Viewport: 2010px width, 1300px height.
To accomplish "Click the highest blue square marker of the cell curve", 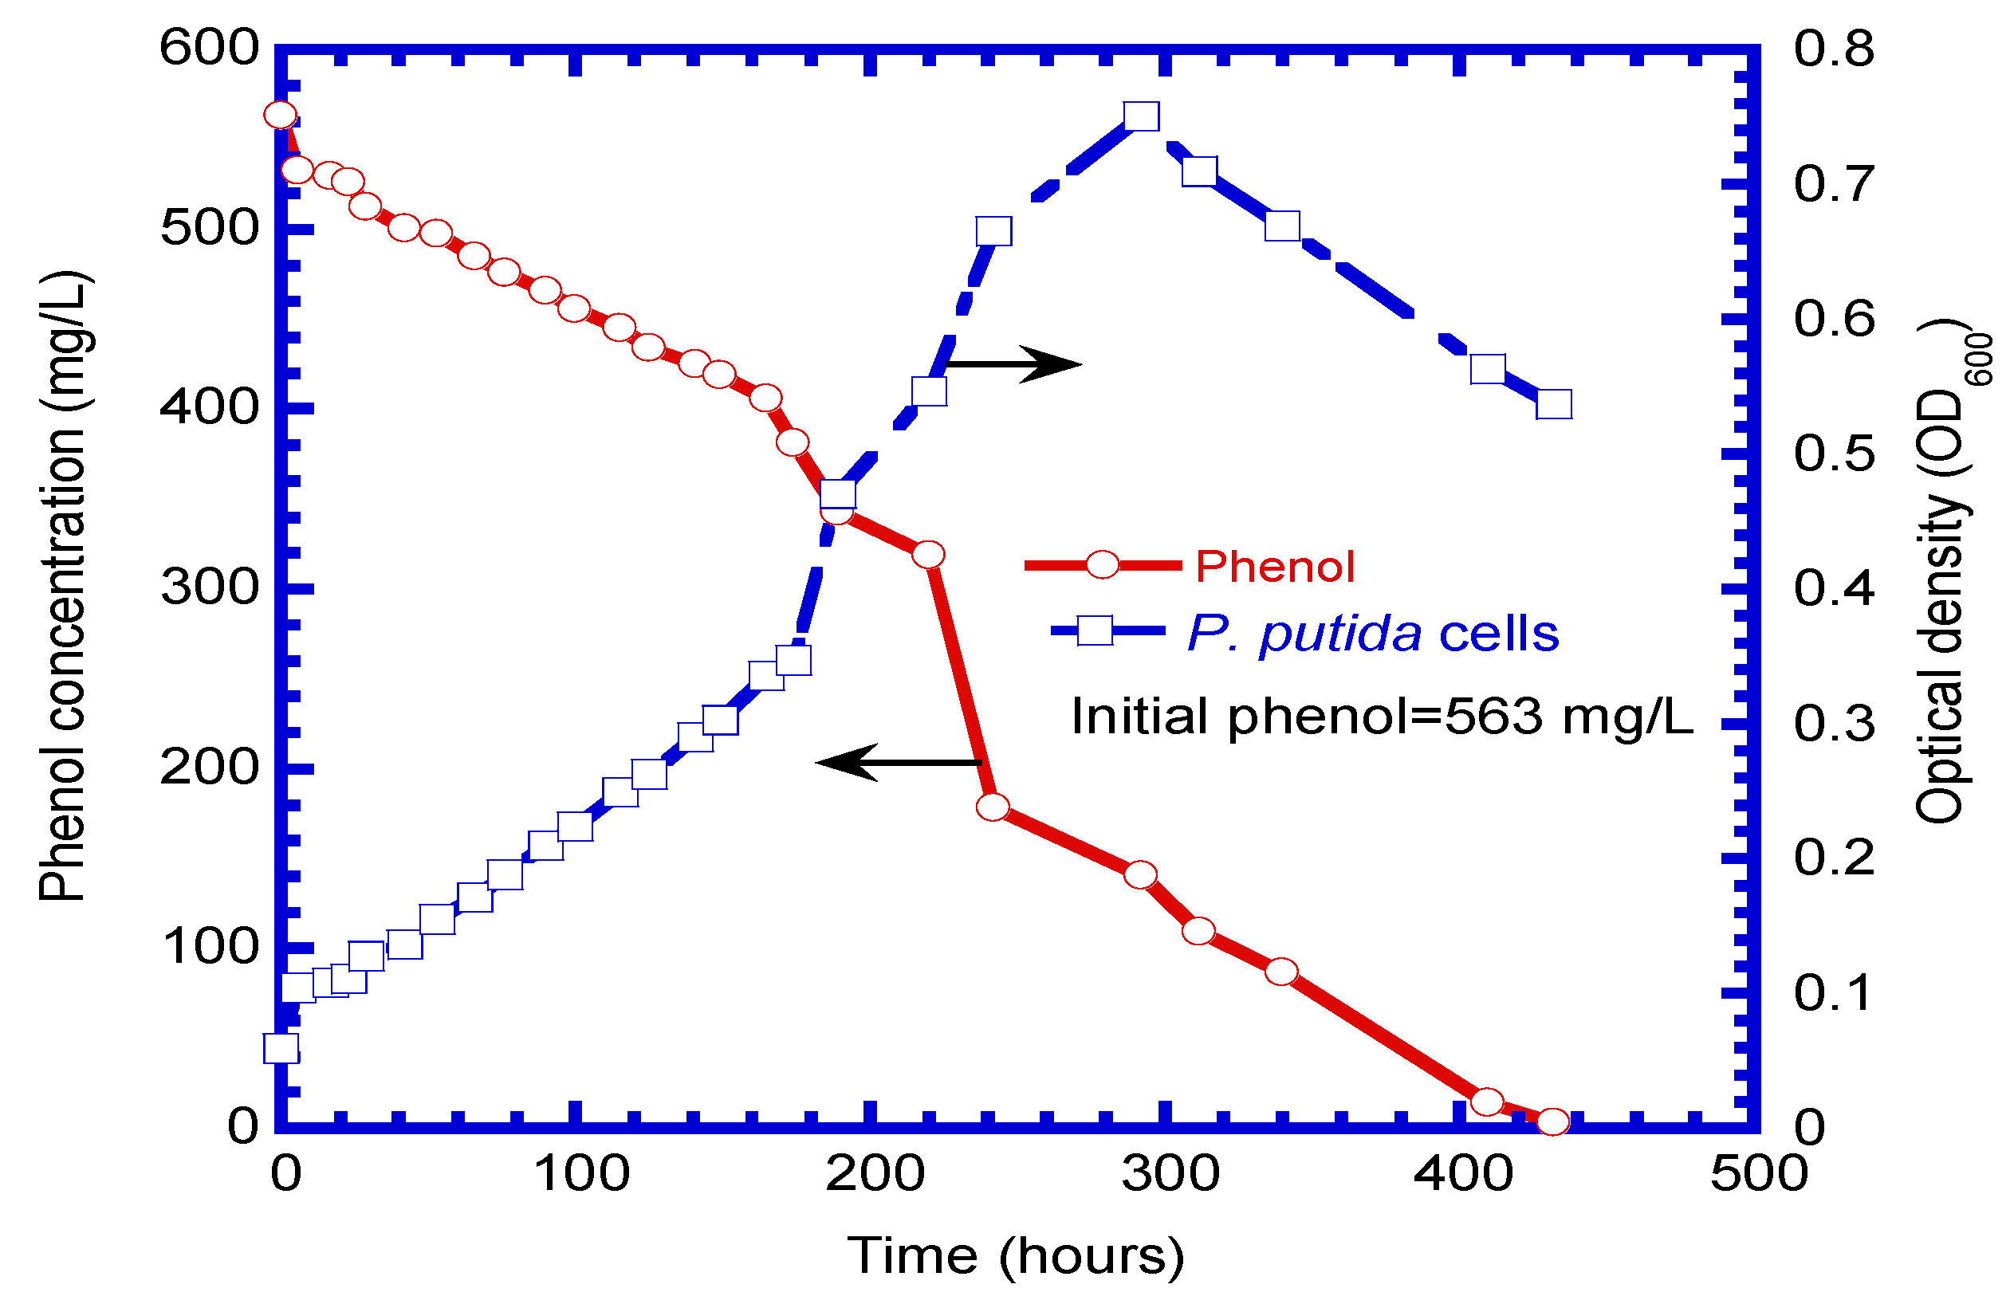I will pos(1140,116).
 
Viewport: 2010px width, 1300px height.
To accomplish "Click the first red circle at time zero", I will pos(281,115).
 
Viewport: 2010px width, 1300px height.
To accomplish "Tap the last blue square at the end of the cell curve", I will pos(1553,404).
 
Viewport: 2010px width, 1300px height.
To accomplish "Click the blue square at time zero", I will pos(281,1048).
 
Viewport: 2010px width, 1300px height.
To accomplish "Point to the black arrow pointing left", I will pos(899,762).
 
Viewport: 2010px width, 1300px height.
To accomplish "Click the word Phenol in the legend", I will pos(1274,567).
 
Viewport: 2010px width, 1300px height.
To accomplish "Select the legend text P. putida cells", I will pos(1372,633).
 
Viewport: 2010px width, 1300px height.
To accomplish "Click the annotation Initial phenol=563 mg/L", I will pos(1382,716).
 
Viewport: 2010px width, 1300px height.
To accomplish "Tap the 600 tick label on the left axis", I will pos(210,47).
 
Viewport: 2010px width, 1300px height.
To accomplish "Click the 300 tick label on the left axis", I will pos(210,587).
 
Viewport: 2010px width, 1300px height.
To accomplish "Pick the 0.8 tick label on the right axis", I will pos(1833,48).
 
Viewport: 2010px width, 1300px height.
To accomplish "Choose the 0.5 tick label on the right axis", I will pos(1833,454).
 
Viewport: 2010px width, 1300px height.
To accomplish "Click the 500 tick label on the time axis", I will pos(1758,1173).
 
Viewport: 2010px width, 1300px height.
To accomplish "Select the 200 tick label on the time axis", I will pos(875,1173).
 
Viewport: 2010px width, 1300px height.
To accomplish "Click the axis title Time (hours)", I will pos(1016,1255).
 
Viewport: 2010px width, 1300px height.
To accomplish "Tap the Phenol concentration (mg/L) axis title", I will pos(62,587).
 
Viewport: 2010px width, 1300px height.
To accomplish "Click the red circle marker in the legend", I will pos(1102,565).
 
